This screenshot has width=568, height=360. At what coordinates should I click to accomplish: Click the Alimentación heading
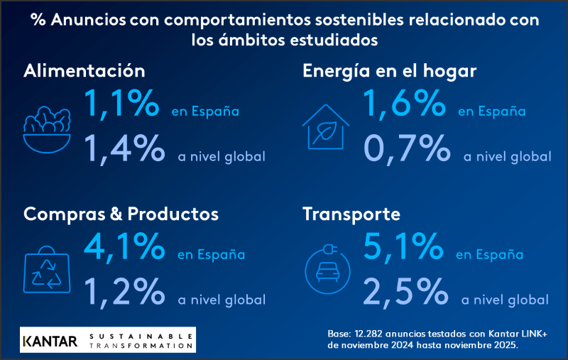(84, 71)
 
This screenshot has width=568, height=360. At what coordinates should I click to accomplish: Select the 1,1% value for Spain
(121, 104)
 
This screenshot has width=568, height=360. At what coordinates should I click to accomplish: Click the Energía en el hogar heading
(389, 71)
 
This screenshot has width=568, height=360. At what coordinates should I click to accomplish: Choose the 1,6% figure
(405, 104)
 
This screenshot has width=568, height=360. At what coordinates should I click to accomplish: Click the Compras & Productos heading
(121, 214)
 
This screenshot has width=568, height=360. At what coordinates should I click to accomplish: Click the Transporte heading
(351, 214)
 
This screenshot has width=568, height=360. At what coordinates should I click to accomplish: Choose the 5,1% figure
(403, 246)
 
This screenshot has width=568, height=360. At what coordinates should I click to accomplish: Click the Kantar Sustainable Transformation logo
(107, 339)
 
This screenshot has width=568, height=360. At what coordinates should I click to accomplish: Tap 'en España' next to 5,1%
(489, 255)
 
